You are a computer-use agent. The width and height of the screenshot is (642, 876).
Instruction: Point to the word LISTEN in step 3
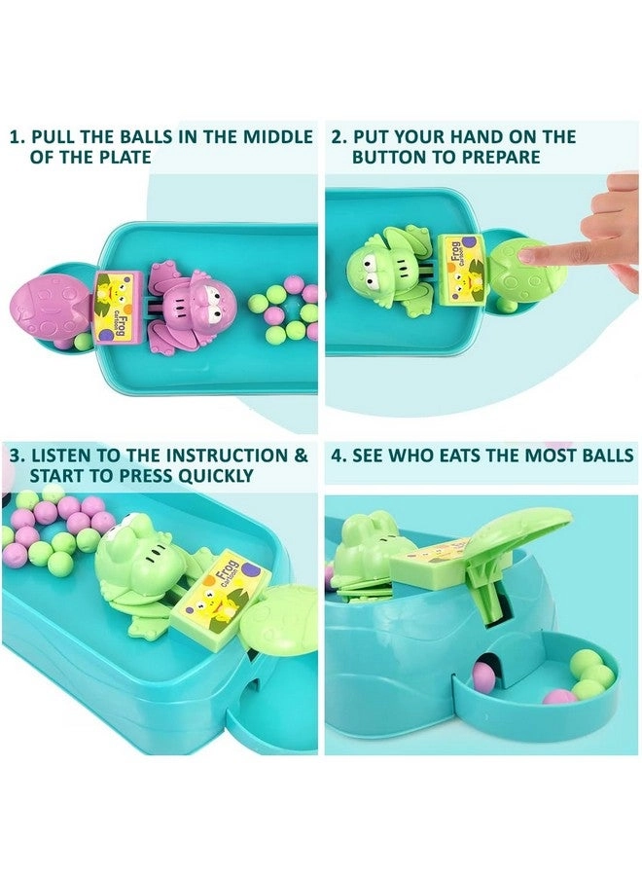(59, 456)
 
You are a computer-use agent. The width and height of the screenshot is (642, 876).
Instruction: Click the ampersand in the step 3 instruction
(301, 456)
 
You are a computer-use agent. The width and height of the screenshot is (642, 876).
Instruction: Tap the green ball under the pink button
(82, 342)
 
